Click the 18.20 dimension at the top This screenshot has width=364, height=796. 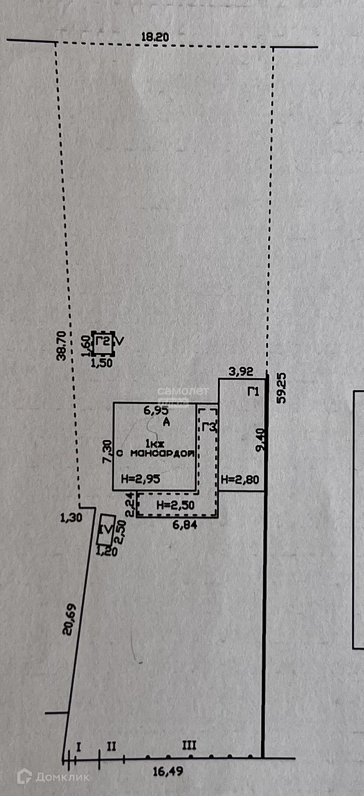pos(154,37)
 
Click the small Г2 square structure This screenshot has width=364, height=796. pos(103,342)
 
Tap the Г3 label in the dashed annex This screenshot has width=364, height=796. pos(209,427)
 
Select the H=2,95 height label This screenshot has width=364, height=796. pos(140,479)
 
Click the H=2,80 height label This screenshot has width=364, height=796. pos(240,479)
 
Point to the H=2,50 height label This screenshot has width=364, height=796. pos(175,505)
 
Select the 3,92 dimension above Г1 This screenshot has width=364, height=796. pos(240,372)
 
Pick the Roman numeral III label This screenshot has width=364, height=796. pos(189,746)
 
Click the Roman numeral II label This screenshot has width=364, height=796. pos(111,746)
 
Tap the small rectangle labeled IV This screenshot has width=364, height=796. pos(106,529)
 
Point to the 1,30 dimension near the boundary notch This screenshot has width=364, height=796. pos(71,517)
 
